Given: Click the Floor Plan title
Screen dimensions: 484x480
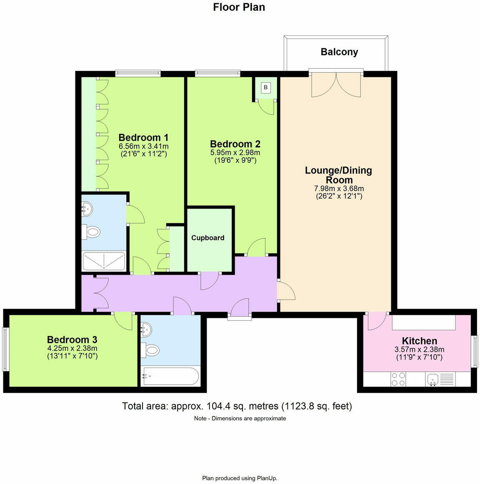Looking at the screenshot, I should point(239,7).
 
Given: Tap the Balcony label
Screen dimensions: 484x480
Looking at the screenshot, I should point(339,52).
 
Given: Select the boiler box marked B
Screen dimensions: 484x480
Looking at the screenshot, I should point(266,88).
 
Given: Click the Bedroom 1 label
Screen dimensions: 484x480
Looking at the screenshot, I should point(143,137).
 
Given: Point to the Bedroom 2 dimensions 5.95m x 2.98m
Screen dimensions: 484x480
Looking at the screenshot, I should point(235,153).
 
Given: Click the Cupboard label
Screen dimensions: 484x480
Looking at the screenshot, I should point(207,238).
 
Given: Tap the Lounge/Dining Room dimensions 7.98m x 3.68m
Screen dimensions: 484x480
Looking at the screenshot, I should point(339,189).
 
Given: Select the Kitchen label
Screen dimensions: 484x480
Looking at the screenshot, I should point(419,341).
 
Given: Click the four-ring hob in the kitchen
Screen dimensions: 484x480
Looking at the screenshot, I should point(397,379).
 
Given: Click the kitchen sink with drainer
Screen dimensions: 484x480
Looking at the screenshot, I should point(440,379).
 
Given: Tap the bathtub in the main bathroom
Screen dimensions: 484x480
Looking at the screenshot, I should point(170,376).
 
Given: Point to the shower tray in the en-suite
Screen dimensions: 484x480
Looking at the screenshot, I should point(104,261).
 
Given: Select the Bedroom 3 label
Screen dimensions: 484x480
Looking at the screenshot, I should point(72,340).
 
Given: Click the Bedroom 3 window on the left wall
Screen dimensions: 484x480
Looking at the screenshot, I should point(5,349).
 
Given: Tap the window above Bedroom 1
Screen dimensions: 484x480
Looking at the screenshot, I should point(138,73).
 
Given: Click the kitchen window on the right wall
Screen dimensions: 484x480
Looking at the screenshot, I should point(474,352).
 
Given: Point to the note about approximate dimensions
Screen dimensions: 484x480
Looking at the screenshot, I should point(240,418).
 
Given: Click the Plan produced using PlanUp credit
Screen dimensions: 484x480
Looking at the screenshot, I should point(240,478).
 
